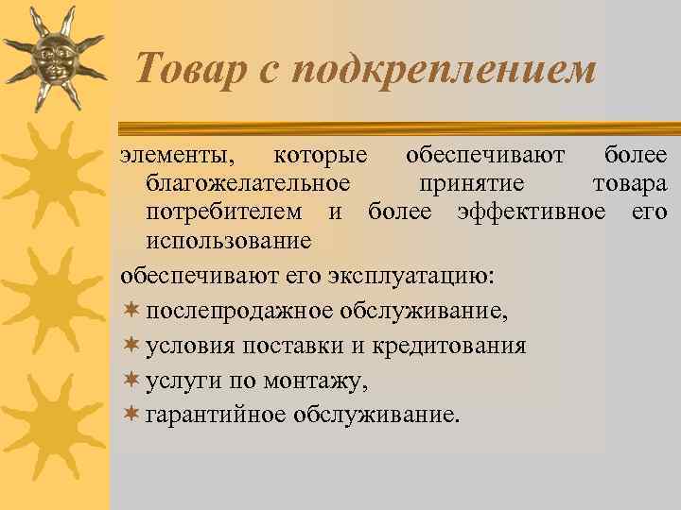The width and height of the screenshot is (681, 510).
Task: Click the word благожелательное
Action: point(249,182)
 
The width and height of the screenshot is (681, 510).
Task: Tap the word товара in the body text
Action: point(629,182)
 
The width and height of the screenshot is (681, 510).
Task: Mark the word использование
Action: point(229,240)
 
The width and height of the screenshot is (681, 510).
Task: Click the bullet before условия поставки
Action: point(131,345)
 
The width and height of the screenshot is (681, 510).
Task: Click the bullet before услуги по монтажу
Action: point(131,380)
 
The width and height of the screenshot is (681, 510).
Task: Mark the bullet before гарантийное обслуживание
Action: point(131,414)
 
